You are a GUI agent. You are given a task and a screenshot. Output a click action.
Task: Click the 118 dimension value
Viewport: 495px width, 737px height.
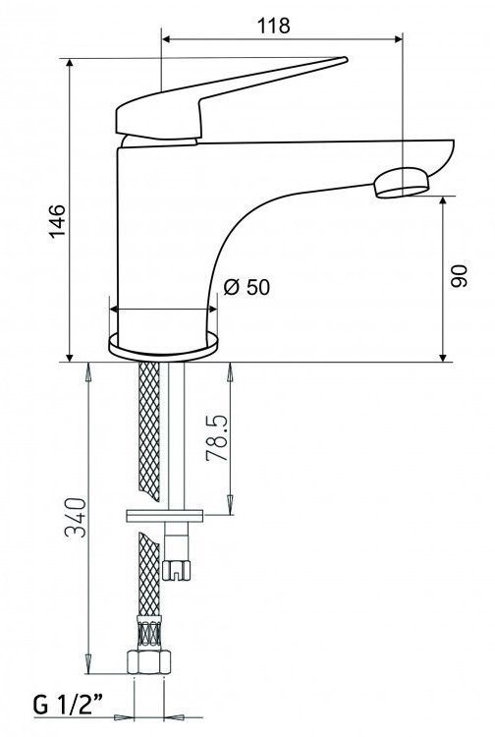(273, 25)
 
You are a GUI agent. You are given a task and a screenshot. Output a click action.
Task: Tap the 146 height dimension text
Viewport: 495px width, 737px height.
(58, 221)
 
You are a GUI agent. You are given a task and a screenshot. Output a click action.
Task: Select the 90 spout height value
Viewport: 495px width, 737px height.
(459, 276)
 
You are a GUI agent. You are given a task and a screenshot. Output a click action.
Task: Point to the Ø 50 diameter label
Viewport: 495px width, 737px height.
(247, 287)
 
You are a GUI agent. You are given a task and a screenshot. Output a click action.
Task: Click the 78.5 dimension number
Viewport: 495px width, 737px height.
(217, 437)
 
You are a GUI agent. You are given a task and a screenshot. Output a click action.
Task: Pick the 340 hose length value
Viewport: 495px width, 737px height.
(76, 517)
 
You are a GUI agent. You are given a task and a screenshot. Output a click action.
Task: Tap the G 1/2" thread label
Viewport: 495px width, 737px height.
(68, 704)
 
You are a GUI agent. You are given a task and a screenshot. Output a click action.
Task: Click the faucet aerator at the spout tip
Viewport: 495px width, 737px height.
(402, 184)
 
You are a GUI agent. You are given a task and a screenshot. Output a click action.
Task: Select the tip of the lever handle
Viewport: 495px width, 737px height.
(345, 59)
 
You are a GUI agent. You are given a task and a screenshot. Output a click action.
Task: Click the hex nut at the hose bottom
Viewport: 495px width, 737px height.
(148, 661)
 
